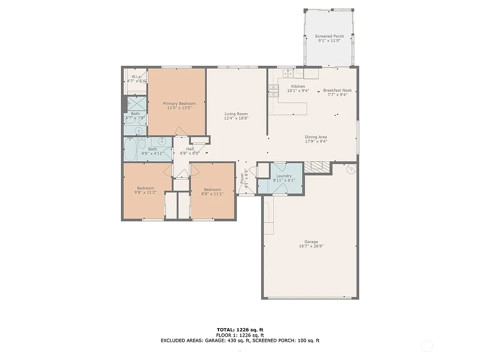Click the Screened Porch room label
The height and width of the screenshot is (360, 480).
[329, 36]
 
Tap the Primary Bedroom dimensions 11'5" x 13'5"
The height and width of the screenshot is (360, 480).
[179, 108]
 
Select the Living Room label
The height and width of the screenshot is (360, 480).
[236, 114]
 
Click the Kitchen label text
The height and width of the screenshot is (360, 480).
[298, 86]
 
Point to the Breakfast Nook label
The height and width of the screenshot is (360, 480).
[337, 90]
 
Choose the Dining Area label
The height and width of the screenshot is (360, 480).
[316, 137]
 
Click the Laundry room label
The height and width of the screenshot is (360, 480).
[284, 176]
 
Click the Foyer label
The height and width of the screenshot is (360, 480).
[242, 178]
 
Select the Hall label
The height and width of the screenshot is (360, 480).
[190, 149]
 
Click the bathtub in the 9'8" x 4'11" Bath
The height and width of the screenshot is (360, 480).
[131, 150]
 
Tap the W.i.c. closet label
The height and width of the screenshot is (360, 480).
[136, 76]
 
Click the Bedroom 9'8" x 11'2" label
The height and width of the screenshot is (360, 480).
[145, 188]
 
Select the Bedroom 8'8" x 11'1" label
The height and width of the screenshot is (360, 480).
[212, 189]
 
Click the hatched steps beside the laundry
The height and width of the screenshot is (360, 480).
[317, 167]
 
